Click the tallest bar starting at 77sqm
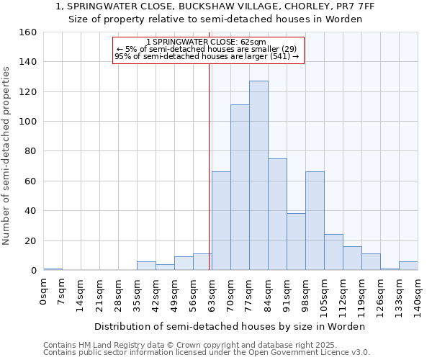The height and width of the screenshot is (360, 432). pyautogui.click(x=258, y=176)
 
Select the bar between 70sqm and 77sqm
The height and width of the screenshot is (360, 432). pyautogui.click(x=240, y=187)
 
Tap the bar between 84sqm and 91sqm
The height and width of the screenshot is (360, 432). pyautogui.click(x=277, y=215)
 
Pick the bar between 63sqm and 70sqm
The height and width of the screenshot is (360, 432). pyautogui.click(x=221, y=221)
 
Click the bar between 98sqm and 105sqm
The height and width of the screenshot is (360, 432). pyautogui.click(x=315, y=221)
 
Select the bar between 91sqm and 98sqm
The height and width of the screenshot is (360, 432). pyautogui.click(x=296, y=242)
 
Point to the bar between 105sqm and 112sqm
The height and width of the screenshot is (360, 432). pyautogui.click(x=333, y=252)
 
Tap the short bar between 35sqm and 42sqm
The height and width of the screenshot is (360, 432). pyautogui.click(x=146, y=266)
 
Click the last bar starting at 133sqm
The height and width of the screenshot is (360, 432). pyautogui.click(x=408, y=266)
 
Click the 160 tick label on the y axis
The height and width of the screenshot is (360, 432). pyautogui.click(x=28, y=32)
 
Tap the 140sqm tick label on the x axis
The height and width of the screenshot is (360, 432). pyautogui.click(x=418, y=296)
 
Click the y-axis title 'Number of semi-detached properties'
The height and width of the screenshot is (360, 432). pyautogui.click(x=7, y=151)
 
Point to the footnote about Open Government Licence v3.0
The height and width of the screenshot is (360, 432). pyautogui.click(x=207, y=352)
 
